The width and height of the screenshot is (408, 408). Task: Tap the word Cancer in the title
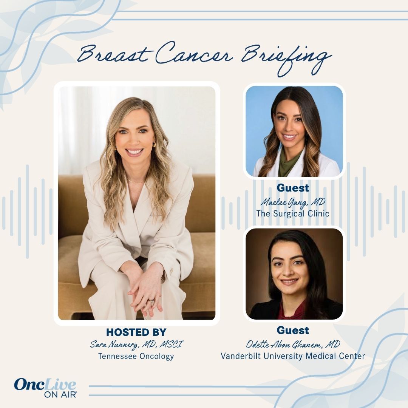coord(194,53)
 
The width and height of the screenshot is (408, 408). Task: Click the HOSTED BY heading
coord(136,332)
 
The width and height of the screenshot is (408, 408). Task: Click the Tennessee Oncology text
coord(136,356)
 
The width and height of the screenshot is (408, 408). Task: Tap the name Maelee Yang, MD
coord(293,202)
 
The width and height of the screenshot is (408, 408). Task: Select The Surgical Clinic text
coord(293,213)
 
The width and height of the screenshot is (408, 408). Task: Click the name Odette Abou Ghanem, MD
coord(293,345)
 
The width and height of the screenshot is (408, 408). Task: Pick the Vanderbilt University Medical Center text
coord(293,356)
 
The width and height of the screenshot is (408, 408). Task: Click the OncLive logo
coord(45,385)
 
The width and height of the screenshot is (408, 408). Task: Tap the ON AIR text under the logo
coord(60,394)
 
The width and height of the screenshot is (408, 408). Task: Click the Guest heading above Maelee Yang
coord(293,188)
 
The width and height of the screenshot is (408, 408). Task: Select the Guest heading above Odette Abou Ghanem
coord(293,331)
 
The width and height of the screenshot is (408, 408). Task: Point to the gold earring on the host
coord(154,144)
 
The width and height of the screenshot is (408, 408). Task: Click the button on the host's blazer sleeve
coord(172,271)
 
